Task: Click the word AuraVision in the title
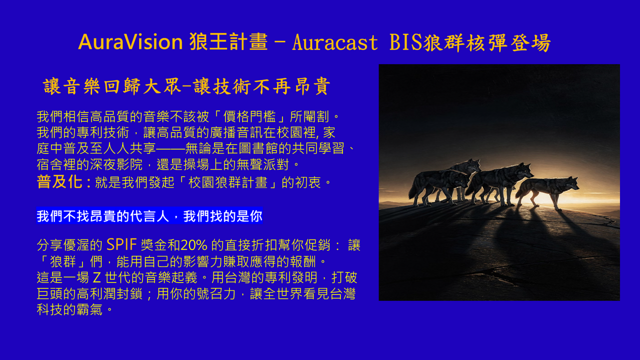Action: point(130,42)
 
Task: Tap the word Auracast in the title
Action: point(334,43)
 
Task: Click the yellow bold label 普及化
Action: point(59,182)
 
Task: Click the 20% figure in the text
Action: point(194,245)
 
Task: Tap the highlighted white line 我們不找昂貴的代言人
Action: point(108,216)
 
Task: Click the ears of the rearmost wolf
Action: point(476,161)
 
